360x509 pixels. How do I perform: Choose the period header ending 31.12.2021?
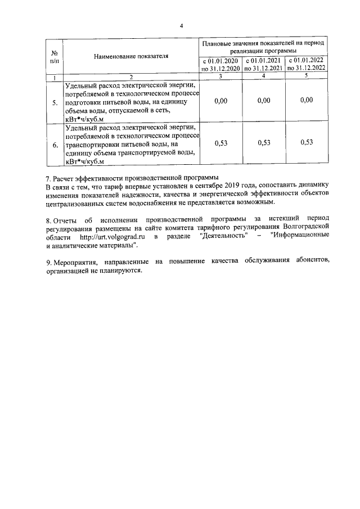point(263,64)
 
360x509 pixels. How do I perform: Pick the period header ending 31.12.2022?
point(306,64)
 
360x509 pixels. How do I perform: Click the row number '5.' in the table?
point(55,103)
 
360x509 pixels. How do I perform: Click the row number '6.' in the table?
point(55,145)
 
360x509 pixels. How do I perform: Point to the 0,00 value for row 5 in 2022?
point(306,100)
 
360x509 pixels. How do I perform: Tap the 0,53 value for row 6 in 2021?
point(263,143)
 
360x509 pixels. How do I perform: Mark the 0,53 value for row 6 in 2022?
point(306,143)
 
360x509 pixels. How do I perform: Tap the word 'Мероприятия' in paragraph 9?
point(74,263)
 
